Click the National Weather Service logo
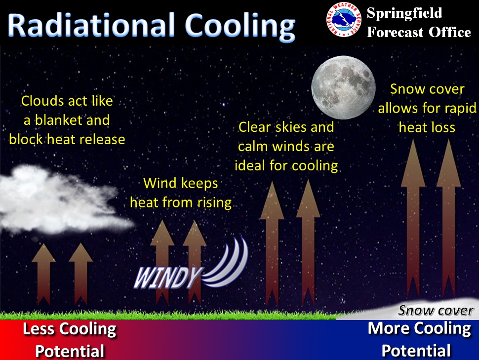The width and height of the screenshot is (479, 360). tap(344, 19)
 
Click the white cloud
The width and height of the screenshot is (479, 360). tap(61, 200)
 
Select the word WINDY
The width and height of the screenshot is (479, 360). tap(168, 278)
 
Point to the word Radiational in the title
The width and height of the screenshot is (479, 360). tap(91, 25)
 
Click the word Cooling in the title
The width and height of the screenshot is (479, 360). tap(240, 27)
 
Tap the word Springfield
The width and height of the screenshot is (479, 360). tap(404, 13)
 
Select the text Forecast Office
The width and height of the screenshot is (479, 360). tap(419, 32)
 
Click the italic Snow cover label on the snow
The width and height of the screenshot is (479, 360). tap(436, 310)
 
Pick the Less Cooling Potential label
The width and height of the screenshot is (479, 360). tap(70, 340)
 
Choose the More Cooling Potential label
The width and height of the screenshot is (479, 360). tap(419, 339)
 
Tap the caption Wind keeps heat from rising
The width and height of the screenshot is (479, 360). tap(181, 193)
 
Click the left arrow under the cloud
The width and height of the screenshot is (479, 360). tap(43, 274)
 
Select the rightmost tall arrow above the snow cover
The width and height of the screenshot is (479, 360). tap(448, 219)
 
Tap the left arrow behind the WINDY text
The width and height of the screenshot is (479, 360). tap(162, 262)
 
